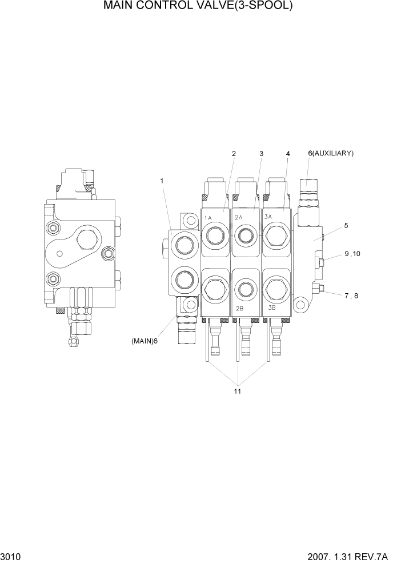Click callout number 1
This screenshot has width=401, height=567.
coord(162,181)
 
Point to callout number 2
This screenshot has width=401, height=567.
coord(234,154)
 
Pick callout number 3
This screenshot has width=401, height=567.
coord(261,154)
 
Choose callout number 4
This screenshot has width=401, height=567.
coord(288,154)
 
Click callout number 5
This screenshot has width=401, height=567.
coord(346,226)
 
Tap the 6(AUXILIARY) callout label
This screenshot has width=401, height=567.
coord(331,153)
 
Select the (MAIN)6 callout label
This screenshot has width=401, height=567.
coord(145,341)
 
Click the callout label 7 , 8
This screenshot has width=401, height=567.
coord(351,296)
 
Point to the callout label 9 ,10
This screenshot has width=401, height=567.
coord(352,254)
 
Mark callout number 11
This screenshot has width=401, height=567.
coord(237,392)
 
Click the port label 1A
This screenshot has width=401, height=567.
coord(208,217)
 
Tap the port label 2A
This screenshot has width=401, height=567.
coord(239,217)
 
